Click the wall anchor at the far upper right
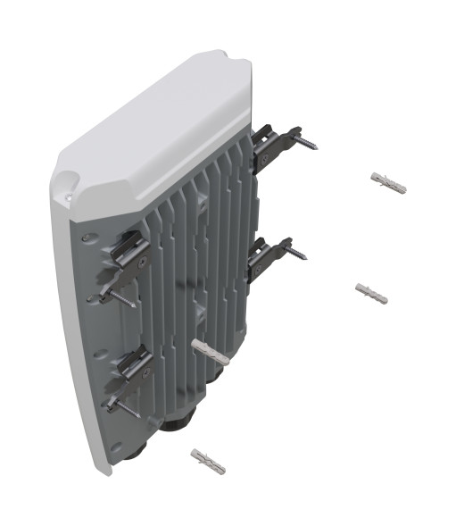(388, 182)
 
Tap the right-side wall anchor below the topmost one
(371, 292)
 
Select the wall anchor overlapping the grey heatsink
(210, 350)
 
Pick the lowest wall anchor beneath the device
(208, 461)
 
